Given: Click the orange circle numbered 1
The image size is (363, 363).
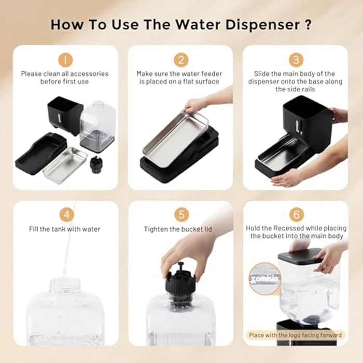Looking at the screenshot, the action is (x=65, y=60).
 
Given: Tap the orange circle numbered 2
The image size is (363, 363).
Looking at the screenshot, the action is (x=181, y=60).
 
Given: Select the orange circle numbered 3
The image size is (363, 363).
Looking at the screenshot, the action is (x=296, y=60).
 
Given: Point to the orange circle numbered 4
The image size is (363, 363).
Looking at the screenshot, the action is (x=67, y=215).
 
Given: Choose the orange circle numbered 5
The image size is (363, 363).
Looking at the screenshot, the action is (x=181, y=215).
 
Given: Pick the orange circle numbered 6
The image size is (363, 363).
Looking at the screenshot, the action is (x=297, y=215).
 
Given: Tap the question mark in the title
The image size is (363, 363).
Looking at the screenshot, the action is (x=308, y=24).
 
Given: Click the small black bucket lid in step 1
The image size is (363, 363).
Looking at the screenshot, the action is (x=95, y=165).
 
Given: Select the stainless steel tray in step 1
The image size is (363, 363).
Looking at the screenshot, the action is (x=65, y=165).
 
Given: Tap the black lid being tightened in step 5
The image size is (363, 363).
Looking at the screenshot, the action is (x=180, y=279).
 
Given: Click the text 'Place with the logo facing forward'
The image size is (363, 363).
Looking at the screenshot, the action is (x=295, y=335).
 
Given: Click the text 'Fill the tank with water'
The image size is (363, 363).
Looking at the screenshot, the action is (x=65, y=229).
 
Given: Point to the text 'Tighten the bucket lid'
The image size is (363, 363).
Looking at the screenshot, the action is (x=178, y=229).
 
